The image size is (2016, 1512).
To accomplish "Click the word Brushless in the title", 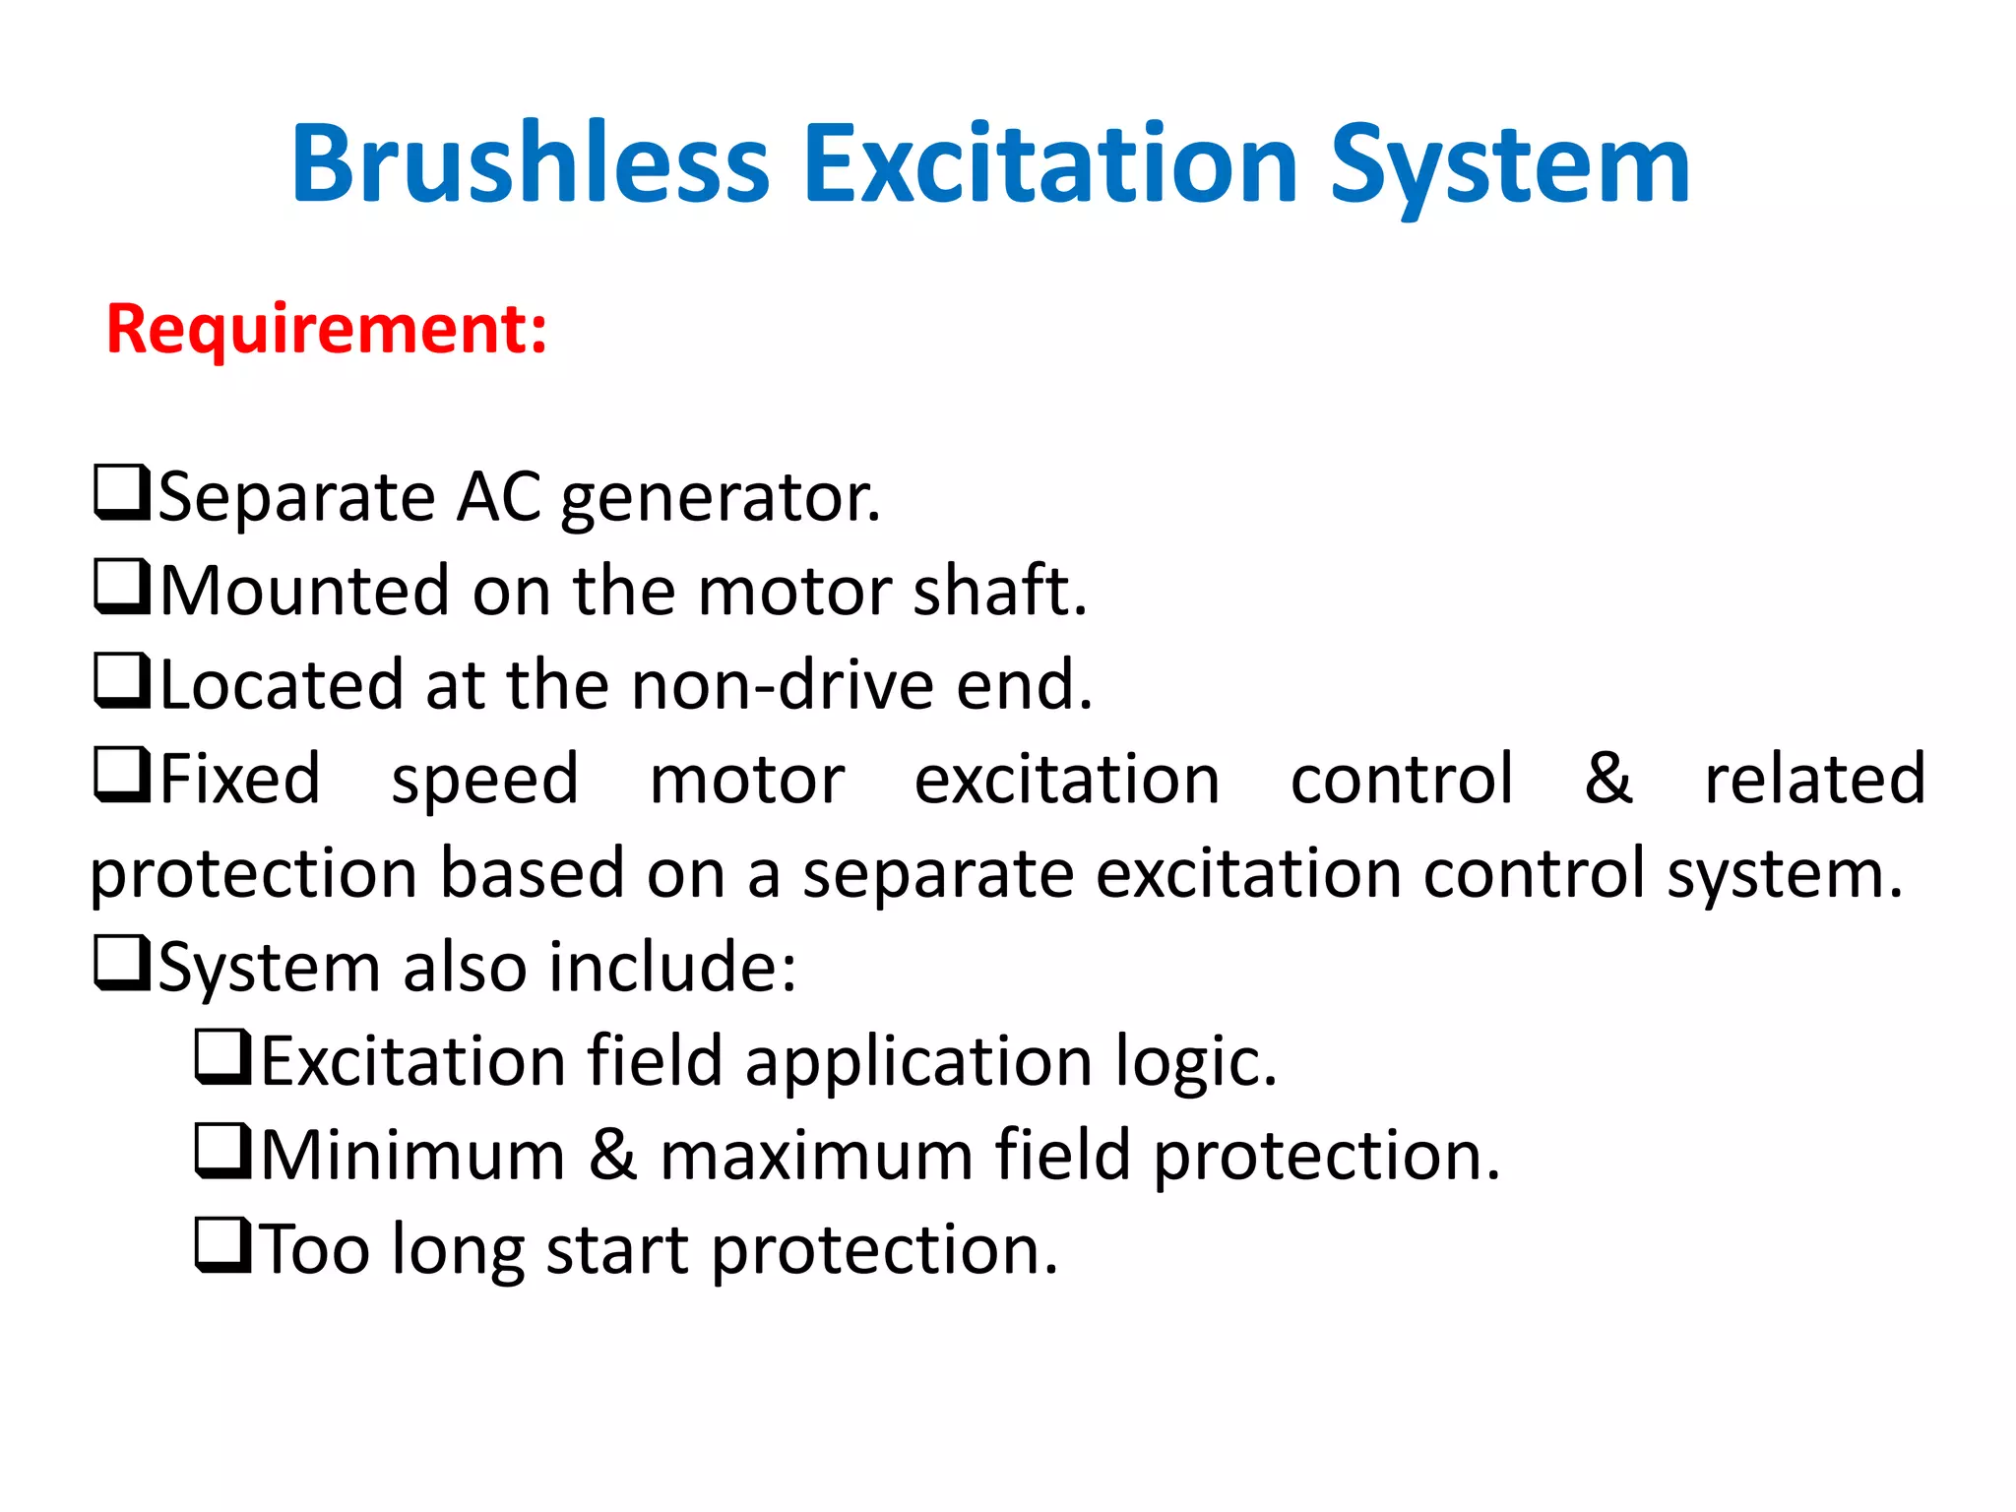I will (530, 164).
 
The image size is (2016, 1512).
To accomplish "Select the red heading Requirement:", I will (326, 329).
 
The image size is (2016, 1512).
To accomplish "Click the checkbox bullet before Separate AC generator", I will (122, 493).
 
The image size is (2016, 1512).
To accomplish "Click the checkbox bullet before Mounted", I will (122, 587).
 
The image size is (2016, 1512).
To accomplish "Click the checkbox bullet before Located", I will (122, 681).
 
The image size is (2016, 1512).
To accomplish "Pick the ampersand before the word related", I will (1608, 778).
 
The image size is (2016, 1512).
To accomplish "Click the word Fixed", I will (240, 779).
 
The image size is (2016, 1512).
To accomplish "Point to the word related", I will (1814, 779).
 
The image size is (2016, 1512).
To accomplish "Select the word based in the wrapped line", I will (532, 873).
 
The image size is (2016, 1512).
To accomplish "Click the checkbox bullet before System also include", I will (122, 963).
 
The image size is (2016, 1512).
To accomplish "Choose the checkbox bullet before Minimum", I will (223, 1151).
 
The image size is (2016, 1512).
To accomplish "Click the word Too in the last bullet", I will (315, 1250).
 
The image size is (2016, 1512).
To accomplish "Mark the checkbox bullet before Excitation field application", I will (223, 1057).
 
